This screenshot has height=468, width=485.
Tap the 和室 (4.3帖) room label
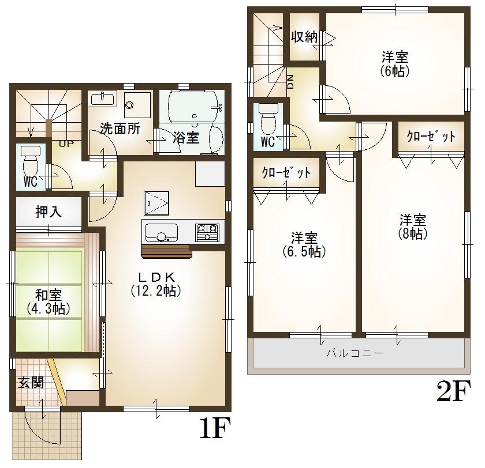pos(48,301)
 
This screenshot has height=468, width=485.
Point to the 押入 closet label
pos(48,212)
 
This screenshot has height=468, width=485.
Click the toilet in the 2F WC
pos(267,118)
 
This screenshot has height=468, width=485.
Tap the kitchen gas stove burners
pos(207,232)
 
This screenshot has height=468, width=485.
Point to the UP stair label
pos(66,144)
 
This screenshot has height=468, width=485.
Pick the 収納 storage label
pos(304,37)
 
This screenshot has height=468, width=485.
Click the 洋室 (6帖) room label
pos(395,63)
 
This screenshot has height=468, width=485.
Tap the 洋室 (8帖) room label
pos(413,227)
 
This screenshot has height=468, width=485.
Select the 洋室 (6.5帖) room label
pos(304,244)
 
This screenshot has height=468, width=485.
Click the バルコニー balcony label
pos(355,353)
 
